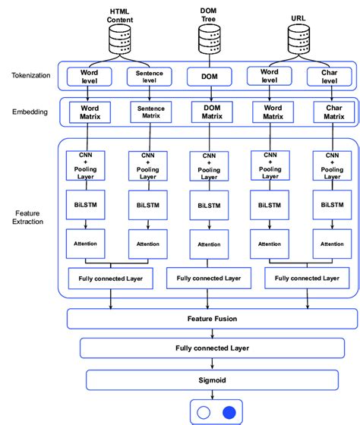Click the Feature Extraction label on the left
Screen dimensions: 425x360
[x=30, y=216]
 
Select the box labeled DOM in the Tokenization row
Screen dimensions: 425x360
[x=208, y=76]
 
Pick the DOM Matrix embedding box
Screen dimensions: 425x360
[x=208, y=112]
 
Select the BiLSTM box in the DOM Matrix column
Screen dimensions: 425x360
[x=208, y=206]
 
